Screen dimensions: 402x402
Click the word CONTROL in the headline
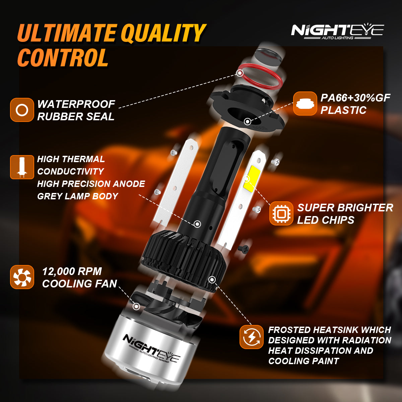pos(63,58)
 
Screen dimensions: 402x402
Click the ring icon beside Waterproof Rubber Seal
pos(22,110)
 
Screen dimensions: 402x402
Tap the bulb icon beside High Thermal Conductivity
pos(22,167)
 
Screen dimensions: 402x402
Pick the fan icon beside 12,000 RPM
pos(22,277)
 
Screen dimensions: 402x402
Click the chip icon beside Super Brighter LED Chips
pos(281,213)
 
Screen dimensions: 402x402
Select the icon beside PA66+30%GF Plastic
pos(305,104)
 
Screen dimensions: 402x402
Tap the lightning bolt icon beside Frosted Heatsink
pos(251,337)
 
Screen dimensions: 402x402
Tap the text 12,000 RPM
pos(72,271)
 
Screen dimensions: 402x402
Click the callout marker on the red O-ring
pos(240,73)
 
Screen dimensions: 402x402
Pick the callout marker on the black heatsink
pos(212,279)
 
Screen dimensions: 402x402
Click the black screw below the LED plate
pos(243,248)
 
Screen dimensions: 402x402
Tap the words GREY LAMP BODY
pos(78,196)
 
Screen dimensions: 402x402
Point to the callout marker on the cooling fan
pos(136,306)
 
